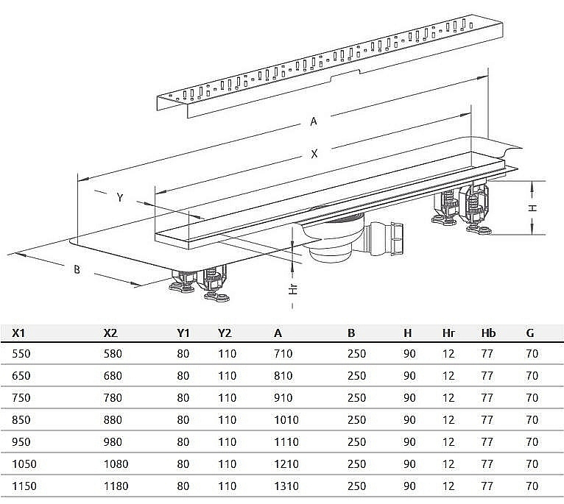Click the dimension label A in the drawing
point(314,121)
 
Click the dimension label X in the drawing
point(314,154)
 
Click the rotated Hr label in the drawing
point(292,288)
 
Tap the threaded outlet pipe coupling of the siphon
point(391,237)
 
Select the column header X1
point(19,333)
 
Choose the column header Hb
point(487,333)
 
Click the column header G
point(530,333)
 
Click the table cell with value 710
point(283,354)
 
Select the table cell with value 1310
point(286,486)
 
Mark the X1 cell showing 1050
point(24,464)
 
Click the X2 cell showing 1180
point(116,486)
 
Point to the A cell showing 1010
point(286,420)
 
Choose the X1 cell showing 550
point(21,354)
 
